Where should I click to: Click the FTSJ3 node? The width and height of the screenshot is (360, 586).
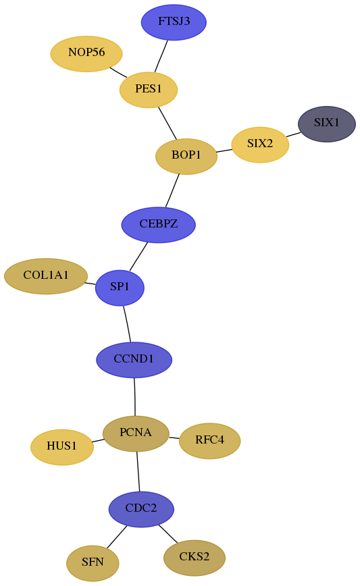pos(174,22)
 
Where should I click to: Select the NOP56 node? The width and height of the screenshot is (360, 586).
pos(86,53)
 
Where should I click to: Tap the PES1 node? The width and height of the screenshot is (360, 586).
pos(149,90)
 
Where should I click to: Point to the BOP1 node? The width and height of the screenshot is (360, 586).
pos(186,156)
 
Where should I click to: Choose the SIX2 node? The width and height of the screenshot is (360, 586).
pos(260,144)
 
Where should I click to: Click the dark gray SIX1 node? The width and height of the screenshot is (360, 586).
pos(327,124)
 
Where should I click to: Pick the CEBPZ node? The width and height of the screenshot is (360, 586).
pos(159,225)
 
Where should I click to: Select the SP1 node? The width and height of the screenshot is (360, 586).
pos(120,288)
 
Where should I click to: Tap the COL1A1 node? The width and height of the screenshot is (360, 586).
pos(46,276)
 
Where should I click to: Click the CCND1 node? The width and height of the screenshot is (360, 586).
pos(134,360)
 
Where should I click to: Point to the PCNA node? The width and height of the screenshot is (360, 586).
pos(136,433)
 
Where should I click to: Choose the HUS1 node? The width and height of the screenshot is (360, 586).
pos(62,447)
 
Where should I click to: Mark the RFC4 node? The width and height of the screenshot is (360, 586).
pos(210,441)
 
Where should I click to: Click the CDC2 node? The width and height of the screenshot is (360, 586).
pos(141,509)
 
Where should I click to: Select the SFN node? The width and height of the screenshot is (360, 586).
pos(93,563)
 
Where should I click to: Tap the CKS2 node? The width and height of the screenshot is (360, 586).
pos(195,558)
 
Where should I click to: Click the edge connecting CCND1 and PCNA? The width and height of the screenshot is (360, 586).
pos(134,397)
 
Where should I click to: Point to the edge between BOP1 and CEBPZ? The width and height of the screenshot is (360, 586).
pos(172,190)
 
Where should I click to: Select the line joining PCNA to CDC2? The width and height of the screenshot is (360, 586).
pos(138,471)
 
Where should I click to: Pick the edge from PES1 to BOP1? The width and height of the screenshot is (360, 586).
pos(168,124)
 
